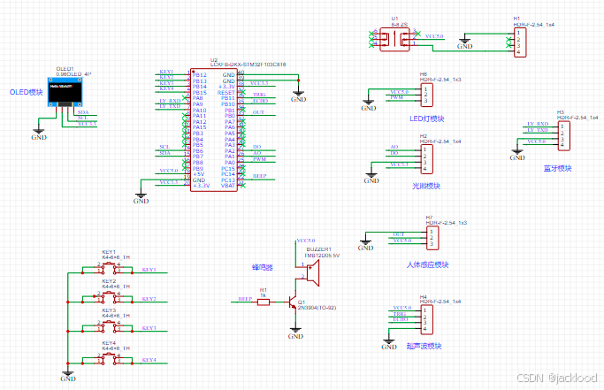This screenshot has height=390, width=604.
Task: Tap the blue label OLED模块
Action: [x=26, y=92]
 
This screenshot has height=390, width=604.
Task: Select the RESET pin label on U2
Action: [x=226, y=92]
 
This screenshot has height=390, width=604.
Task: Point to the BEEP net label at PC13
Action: [x=260, y=175]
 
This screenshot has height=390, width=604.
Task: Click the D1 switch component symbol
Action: [x=394, y=40]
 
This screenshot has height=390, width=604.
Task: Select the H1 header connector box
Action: [x=522, y=41]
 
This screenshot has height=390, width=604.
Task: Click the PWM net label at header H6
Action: [x=396, y=97]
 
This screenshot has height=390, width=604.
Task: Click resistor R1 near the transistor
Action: [x=262, y=299]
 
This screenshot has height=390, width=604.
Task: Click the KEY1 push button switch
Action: [x=110, y=267]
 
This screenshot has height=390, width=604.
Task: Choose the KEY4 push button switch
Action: [x=110, y=357]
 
